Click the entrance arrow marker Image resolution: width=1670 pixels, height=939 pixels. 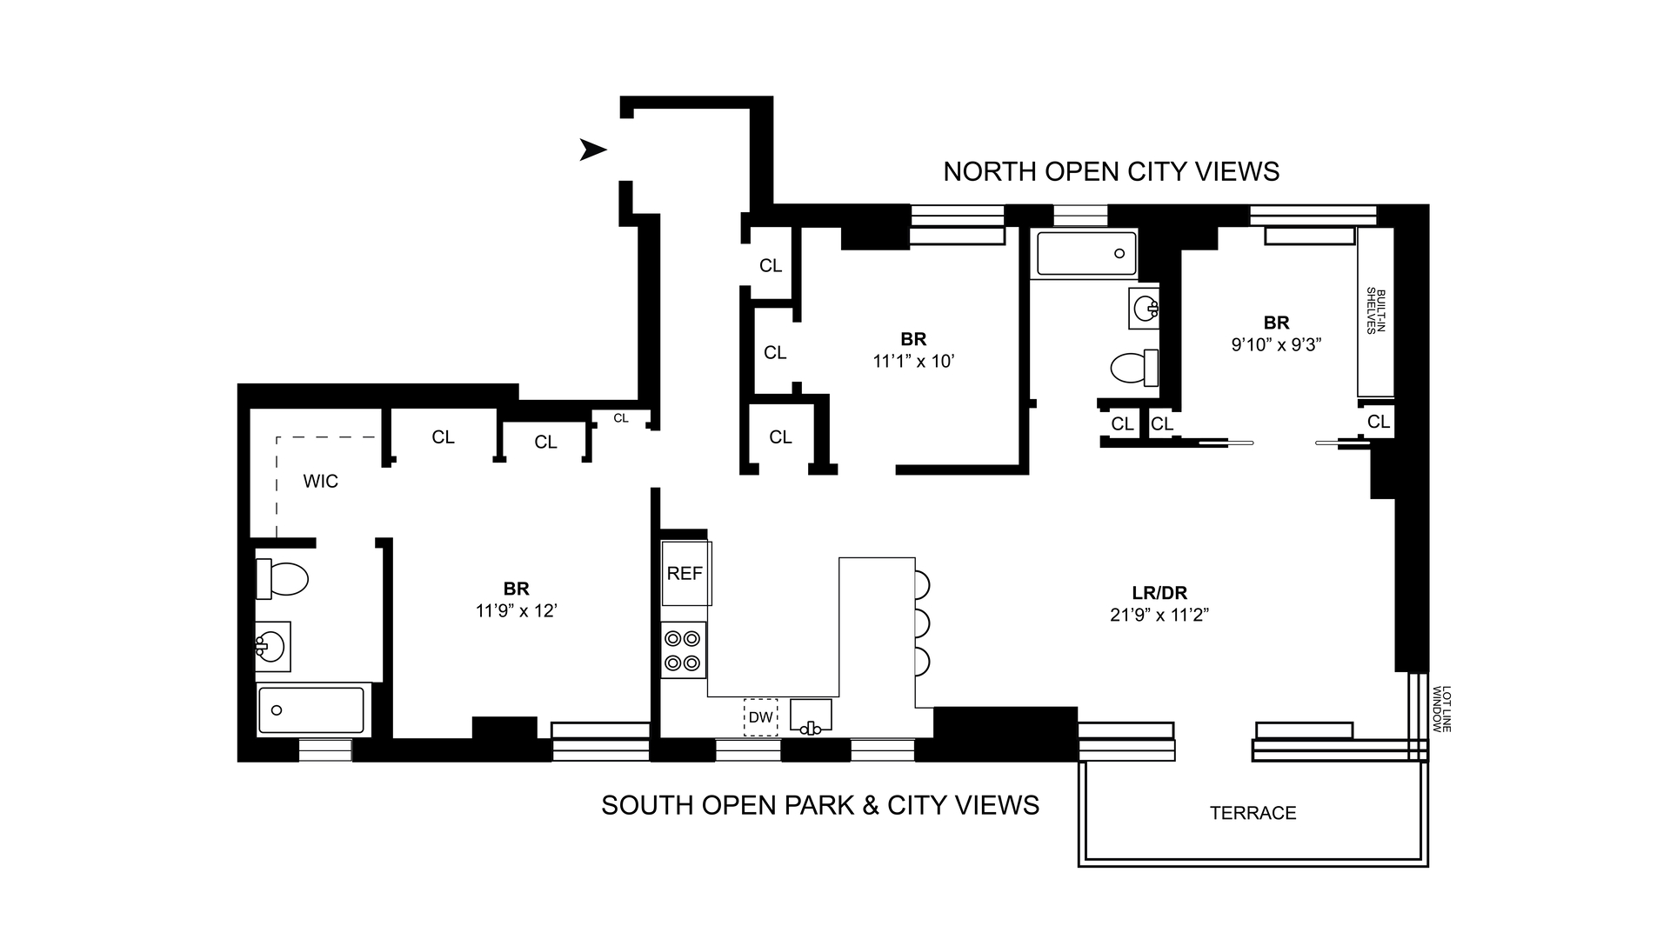pyautogui.click(x=592, y=150)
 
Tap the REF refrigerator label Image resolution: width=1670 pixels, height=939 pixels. pyautogui.click(x=685, y=574)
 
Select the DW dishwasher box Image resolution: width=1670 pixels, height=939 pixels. pyautogui.click(x=761, y=717)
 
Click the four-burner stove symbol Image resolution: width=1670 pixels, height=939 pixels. pyautogui.click(x=683, y=651)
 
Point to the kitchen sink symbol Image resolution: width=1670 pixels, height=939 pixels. pyautogui.click(x=811, y=716)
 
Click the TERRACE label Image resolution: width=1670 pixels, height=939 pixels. pyautogui.click(x=1252, y=813)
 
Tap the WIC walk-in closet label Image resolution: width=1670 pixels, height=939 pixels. pyautogui.click(x=320, y=481)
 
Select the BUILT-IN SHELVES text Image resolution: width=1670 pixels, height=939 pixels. pyautogui.click(x=1374, y=310)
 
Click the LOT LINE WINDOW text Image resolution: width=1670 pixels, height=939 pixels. pyautogui.click(x=1442, y=709)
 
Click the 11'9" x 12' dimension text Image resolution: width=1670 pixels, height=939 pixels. pyautogui.click(x=516, y=611)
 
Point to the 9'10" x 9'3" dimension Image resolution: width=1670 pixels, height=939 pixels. pyautogui.click(x=1276, y=344)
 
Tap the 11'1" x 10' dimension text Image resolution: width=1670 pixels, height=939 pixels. pyautogui.click(x=913, y=360)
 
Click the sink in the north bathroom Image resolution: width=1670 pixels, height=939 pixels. pyautogui.click(x=1144, y=308)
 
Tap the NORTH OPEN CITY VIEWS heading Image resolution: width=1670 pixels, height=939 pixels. pyautogui.click(x=1111, y=172)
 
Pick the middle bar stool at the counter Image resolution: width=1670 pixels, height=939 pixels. pyautogui.click(x=922, y=623)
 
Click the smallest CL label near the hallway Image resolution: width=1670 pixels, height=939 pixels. pyautogui.click(x=620, y=418)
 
